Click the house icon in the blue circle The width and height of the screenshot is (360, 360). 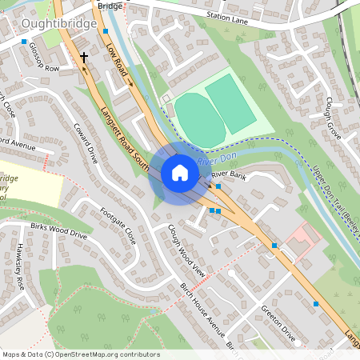point(180,173)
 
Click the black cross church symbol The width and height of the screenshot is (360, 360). point(83,58)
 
